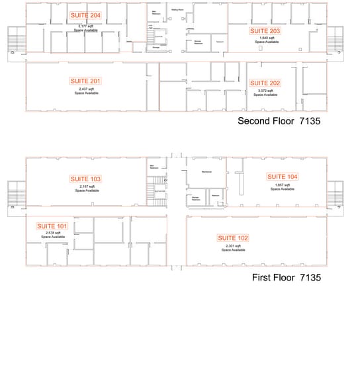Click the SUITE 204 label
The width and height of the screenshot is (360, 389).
point(86,15)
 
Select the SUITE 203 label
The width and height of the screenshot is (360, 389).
point(265,31)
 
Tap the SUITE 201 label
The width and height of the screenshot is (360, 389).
point(86,81)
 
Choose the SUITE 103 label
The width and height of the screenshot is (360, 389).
point(86,179)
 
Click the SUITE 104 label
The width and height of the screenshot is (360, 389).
point(283,177)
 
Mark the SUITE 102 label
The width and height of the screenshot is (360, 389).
point(233,238)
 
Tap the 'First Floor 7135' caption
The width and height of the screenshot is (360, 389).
point(287,278)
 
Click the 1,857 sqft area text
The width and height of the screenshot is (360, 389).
point(283,185)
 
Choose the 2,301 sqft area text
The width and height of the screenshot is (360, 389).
point(233,246)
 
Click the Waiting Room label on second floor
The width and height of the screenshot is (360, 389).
point(177,10)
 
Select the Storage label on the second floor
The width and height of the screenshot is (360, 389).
point(156,47)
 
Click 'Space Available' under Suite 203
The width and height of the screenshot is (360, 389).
point(265,42)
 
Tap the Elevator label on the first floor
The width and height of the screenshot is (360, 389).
point(159,192)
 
